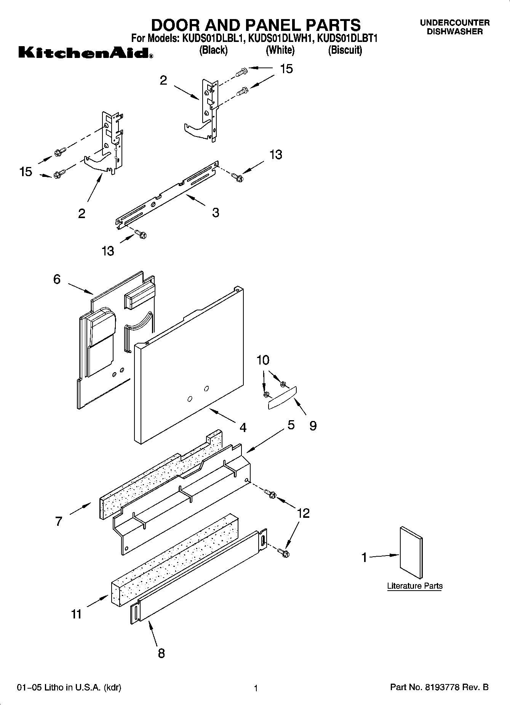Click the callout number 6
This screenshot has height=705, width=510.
click(57, 279)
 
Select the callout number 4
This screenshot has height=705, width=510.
click(243, 427)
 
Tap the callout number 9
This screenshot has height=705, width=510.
click(313, 426)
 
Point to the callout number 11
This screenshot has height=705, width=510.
click(77, 614)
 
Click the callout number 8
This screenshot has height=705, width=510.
click(161, 653)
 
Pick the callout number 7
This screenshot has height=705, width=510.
click(58, 521)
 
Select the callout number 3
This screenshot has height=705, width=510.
click(216, 212)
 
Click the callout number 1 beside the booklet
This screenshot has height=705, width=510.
click(364, 558)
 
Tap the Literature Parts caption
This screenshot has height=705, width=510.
click(415, 586)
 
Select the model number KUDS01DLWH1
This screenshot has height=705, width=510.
click(280, 39)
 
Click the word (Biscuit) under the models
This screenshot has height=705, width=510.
click(345, 50)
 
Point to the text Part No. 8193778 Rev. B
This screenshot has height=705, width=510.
click(439, 687)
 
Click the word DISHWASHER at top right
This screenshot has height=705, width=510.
click(454, 32)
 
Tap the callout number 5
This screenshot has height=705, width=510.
click(291, 425)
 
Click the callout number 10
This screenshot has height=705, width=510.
click(263, 360)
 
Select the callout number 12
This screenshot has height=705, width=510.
click(303, 513)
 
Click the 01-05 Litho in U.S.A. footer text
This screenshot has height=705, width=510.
click(69, 687)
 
